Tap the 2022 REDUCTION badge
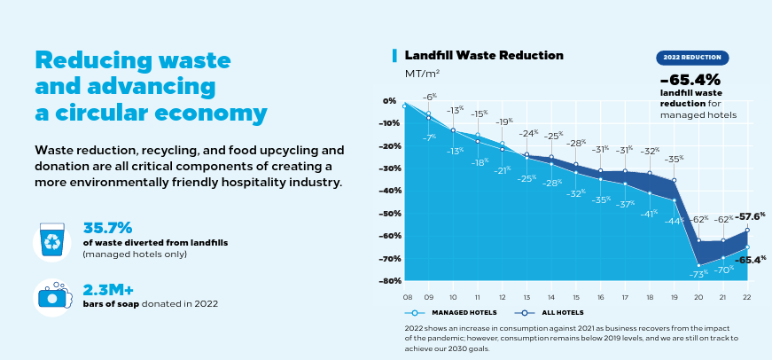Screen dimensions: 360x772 click(693, 57)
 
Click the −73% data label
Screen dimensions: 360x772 click(698, 275)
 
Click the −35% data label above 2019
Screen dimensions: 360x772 click(674, 159)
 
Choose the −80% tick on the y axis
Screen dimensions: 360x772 click(389, 281)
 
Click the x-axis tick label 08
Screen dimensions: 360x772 click(407, 297)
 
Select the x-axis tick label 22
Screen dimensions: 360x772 click(747, 297)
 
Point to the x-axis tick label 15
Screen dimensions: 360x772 click(576, 297)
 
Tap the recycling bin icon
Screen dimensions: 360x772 click(51, 241)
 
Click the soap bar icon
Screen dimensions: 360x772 click(51, 296)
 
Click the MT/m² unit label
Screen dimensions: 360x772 click(423, 74)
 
